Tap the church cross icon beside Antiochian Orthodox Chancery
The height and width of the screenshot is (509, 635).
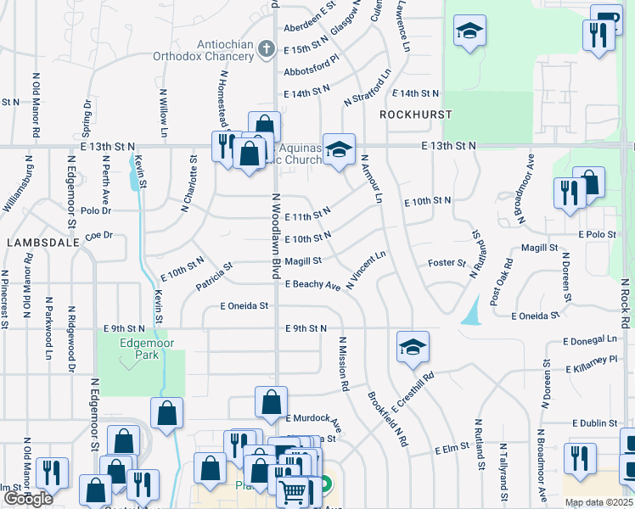267,49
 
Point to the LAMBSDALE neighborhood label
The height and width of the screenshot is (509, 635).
42,242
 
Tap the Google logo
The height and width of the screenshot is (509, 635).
28,499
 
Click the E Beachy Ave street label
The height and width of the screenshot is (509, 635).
313,286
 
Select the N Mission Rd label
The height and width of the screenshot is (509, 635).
344,364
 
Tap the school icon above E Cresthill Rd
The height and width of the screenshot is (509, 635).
413,347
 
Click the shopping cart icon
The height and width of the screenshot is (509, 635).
293,489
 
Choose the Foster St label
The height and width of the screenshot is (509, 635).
447,263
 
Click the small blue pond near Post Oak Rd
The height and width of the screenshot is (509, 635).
469,316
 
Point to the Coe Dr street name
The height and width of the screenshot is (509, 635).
99,235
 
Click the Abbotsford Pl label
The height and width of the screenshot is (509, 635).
312,72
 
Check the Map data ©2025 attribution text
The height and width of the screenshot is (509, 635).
598,502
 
